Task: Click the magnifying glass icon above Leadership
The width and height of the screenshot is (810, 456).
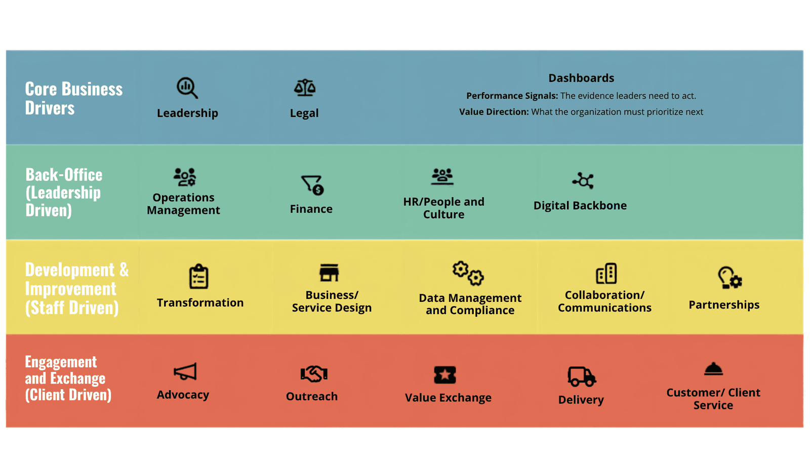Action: [187, 88]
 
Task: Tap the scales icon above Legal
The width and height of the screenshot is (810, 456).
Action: [304, 88]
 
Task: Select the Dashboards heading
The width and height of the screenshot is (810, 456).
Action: [581, 78]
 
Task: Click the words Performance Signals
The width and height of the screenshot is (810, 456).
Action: [512, 96]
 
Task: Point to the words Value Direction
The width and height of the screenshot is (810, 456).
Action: [494, 112]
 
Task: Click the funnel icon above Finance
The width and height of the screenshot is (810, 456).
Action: [312, 185]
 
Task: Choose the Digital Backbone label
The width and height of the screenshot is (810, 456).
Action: [580, 205]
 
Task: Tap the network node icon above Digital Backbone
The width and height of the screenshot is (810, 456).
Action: [583, 180]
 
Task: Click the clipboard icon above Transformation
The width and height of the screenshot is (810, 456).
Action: [198, 277]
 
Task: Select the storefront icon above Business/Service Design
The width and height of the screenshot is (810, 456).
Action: [329, 273]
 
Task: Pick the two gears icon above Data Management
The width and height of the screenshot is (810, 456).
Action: [468, 273]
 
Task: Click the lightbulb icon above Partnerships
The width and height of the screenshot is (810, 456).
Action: [730, 278]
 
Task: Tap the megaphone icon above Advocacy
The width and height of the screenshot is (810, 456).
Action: [185, 371]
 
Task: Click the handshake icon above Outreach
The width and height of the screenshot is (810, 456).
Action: [314, 374]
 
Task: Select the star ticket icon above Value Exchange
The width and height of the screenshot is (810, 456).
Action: [445, 375]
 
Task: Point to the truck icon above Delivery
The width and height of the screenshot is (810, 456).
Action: [582, 377]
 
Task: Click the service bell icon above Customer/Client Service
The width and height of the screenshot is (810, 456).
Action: [713, 369]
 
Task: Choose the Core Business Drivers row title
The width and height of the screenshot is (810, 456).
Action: [74, 98]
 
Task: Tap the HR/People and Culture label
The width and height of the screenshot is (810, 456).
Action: [443, 208]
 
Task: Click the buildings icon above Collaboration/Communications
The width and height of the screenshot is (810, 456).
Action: [606, 273]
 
